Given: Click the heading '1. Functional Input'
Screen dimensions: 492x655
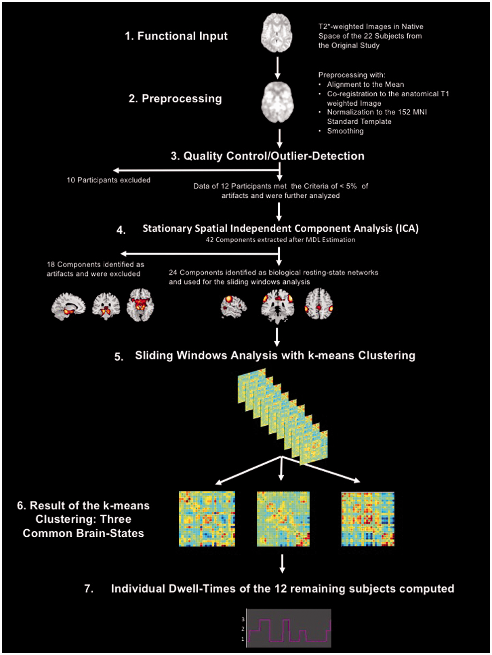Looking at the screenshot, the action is click(x=176, y=36).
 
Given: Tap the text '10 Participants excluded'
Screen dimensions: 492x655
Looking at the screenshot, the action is click(x=109, y=180).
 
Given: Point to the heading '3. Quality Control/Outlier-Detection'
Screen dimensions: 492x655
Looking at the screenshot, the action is click(x=268, y=156).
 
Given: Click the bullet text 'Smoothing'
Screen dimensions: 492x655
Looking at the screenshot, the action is click(x=345, y=131).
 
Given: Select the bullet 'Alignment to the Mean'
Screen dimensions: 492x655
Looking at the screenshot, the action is click(x=365, y=84).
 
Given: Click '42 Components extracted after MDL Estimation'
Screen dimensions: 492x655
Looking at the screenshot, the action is click(x=280, y=240).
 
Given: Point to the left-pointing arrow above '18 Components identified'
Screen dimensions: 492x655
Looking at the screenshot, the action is click(x=200, y=254).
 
